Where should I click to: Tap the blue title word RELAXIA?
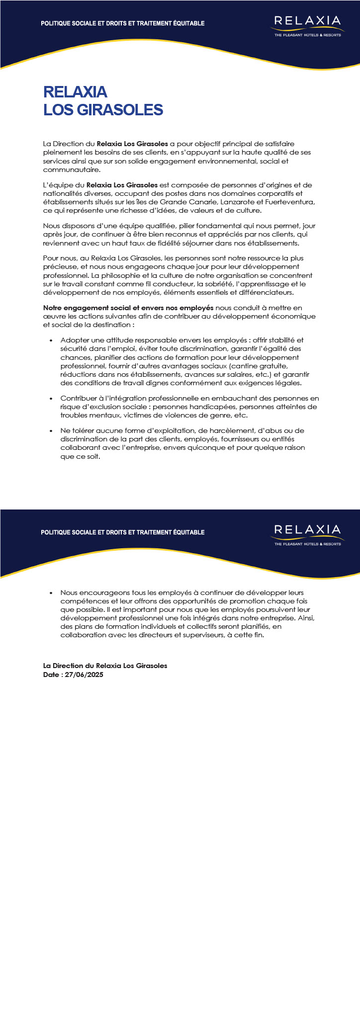click(75, 92)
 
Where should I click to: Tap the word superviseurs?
click(222, 635)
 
